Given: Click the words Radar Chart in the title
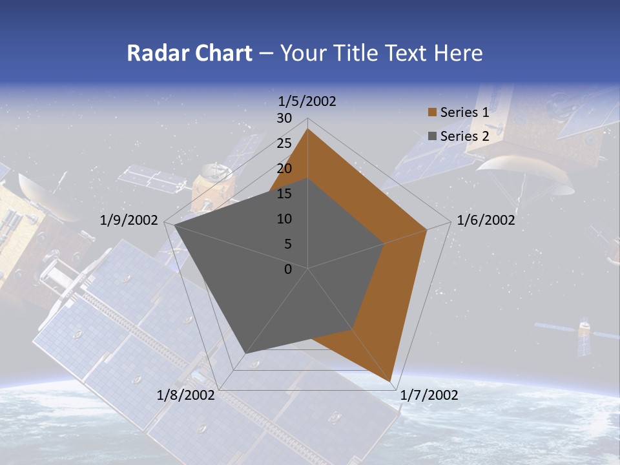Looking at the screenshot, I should point(189,53).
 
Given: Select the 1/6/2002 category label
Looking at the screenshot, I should point(486,220).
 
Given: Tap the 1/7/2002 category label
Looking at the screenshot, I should point(429,395).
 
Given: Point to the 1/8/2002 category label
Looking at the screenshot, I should point(186,395).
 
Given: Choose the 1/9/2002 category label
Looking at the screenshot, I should point(129,220).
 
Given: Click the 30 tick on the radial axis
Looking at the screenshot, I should point(284,118).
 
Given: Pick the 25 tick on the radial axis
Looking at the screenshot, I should point(284,143).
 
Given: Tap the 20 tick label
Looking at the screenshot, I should point(284,169).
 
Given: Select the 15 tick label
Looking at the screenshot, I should point(284,194).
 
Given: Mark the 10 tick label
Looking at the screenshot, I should point(284,219).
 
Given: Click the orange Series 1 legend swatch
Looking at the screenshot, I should point(432,113).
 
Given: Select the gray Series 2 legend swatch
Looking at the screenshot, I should point(432,136).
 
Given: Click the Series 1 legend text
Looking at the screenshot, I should point(464,113).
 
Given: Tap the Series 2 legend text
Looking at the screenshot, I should point(464,136).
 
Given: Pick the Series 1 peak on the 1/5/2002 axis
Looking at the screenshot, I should point(308,129).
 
